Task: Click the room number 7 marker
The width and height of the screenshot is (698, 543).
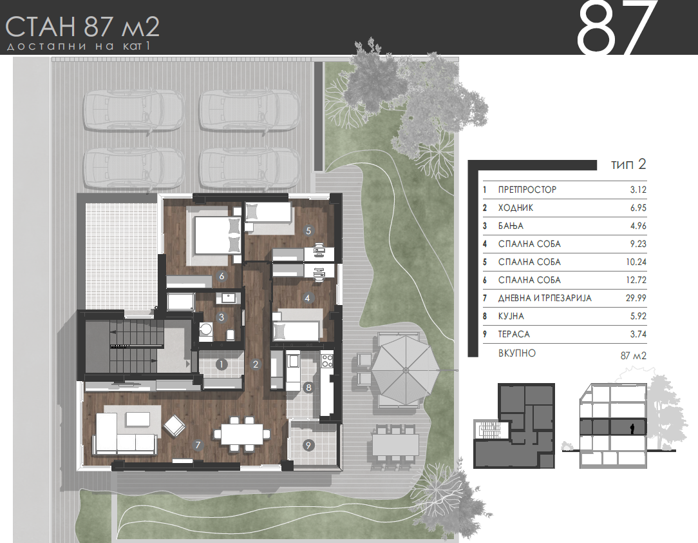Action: click(x=198, y=444)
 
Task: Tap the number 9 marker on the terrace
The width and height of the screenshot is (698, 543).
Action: click(x=308, y=444)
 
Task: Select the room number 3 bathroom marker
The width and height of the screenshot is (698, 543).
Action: click(x=222, y=317)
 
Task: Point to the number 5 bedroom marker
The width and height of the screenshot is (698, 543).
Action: click(x=308, y=230)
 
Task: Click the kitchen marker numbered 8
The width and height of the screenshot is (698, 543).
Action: click(x=308, y=387)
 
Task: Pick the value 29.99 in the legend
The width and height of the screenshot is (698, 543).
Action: click(x=636, y=298)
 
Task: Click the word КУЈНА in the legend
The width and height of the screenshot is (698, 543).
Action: click(x=511, y=316)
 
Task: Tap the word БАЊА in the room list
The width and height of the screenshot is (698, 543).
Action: click(x=511, y=226)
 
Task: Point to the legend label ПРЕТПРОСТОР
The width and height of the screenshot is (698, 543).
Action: click(x=527, y=190)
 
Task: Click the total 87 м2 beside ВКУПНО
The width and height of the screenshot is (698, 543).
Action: click(x=633, y=355)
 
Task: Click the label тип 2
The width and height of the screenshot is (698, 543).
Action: click(x=628, y=164)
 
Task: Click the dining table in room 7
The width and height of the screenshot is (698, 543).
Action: click(x=242, y=433)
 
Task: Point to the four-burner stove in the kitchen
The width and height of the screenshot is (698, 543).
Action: click(x=327, y=360)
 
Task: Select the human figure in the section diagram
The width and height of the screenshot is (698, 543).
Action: click(x=632, y=429)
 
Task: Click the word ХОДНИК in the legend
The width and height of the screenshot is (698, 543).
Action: click(x=516, y=208)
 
